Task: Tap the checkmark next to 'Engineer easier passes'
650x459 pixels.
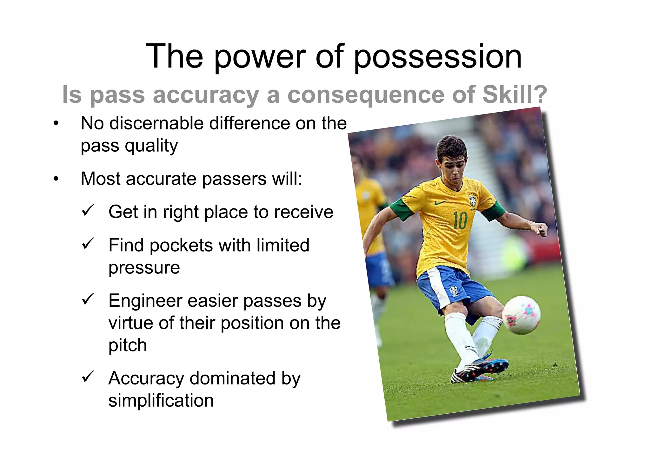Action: coord(88,299)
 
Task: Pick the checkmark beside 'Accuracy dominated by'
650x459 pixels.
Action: coord(88,377)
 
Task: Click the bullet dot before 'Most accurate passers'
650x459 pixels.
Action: coord(56,179)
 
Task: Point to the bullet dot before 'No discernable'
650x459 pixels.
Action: coord(56,124)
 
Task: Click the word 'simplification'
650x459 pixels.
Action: coord(161,400)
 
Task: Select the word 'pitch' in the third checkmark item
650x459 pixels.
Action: coord(128,345)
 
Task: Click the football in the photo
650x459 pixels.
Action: coord(521,315)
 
